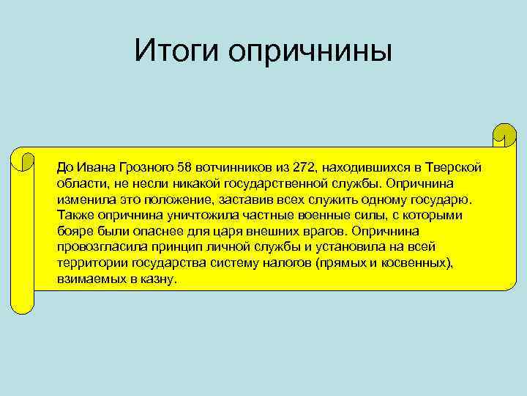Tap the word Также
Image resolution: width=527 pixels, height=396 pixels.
(x=73, y=216)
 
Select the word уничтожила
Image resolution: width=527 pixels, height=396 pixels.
(x=192, y=216)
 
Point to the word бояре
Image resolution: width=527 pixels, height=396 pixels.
(x=73, y=232)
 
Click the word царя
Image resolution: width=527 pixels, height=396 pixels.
(x=235, y=232)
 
